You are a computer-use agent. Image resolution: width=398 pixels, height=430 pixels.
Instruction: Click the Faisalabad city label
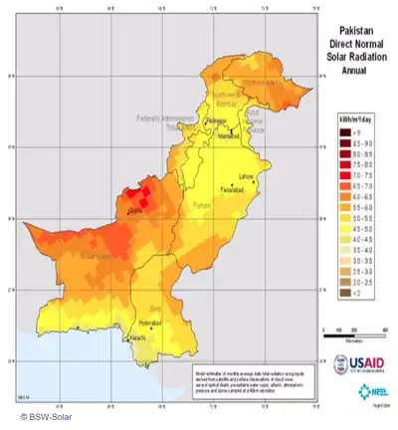pyautogui.click(x=231, y=189)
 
